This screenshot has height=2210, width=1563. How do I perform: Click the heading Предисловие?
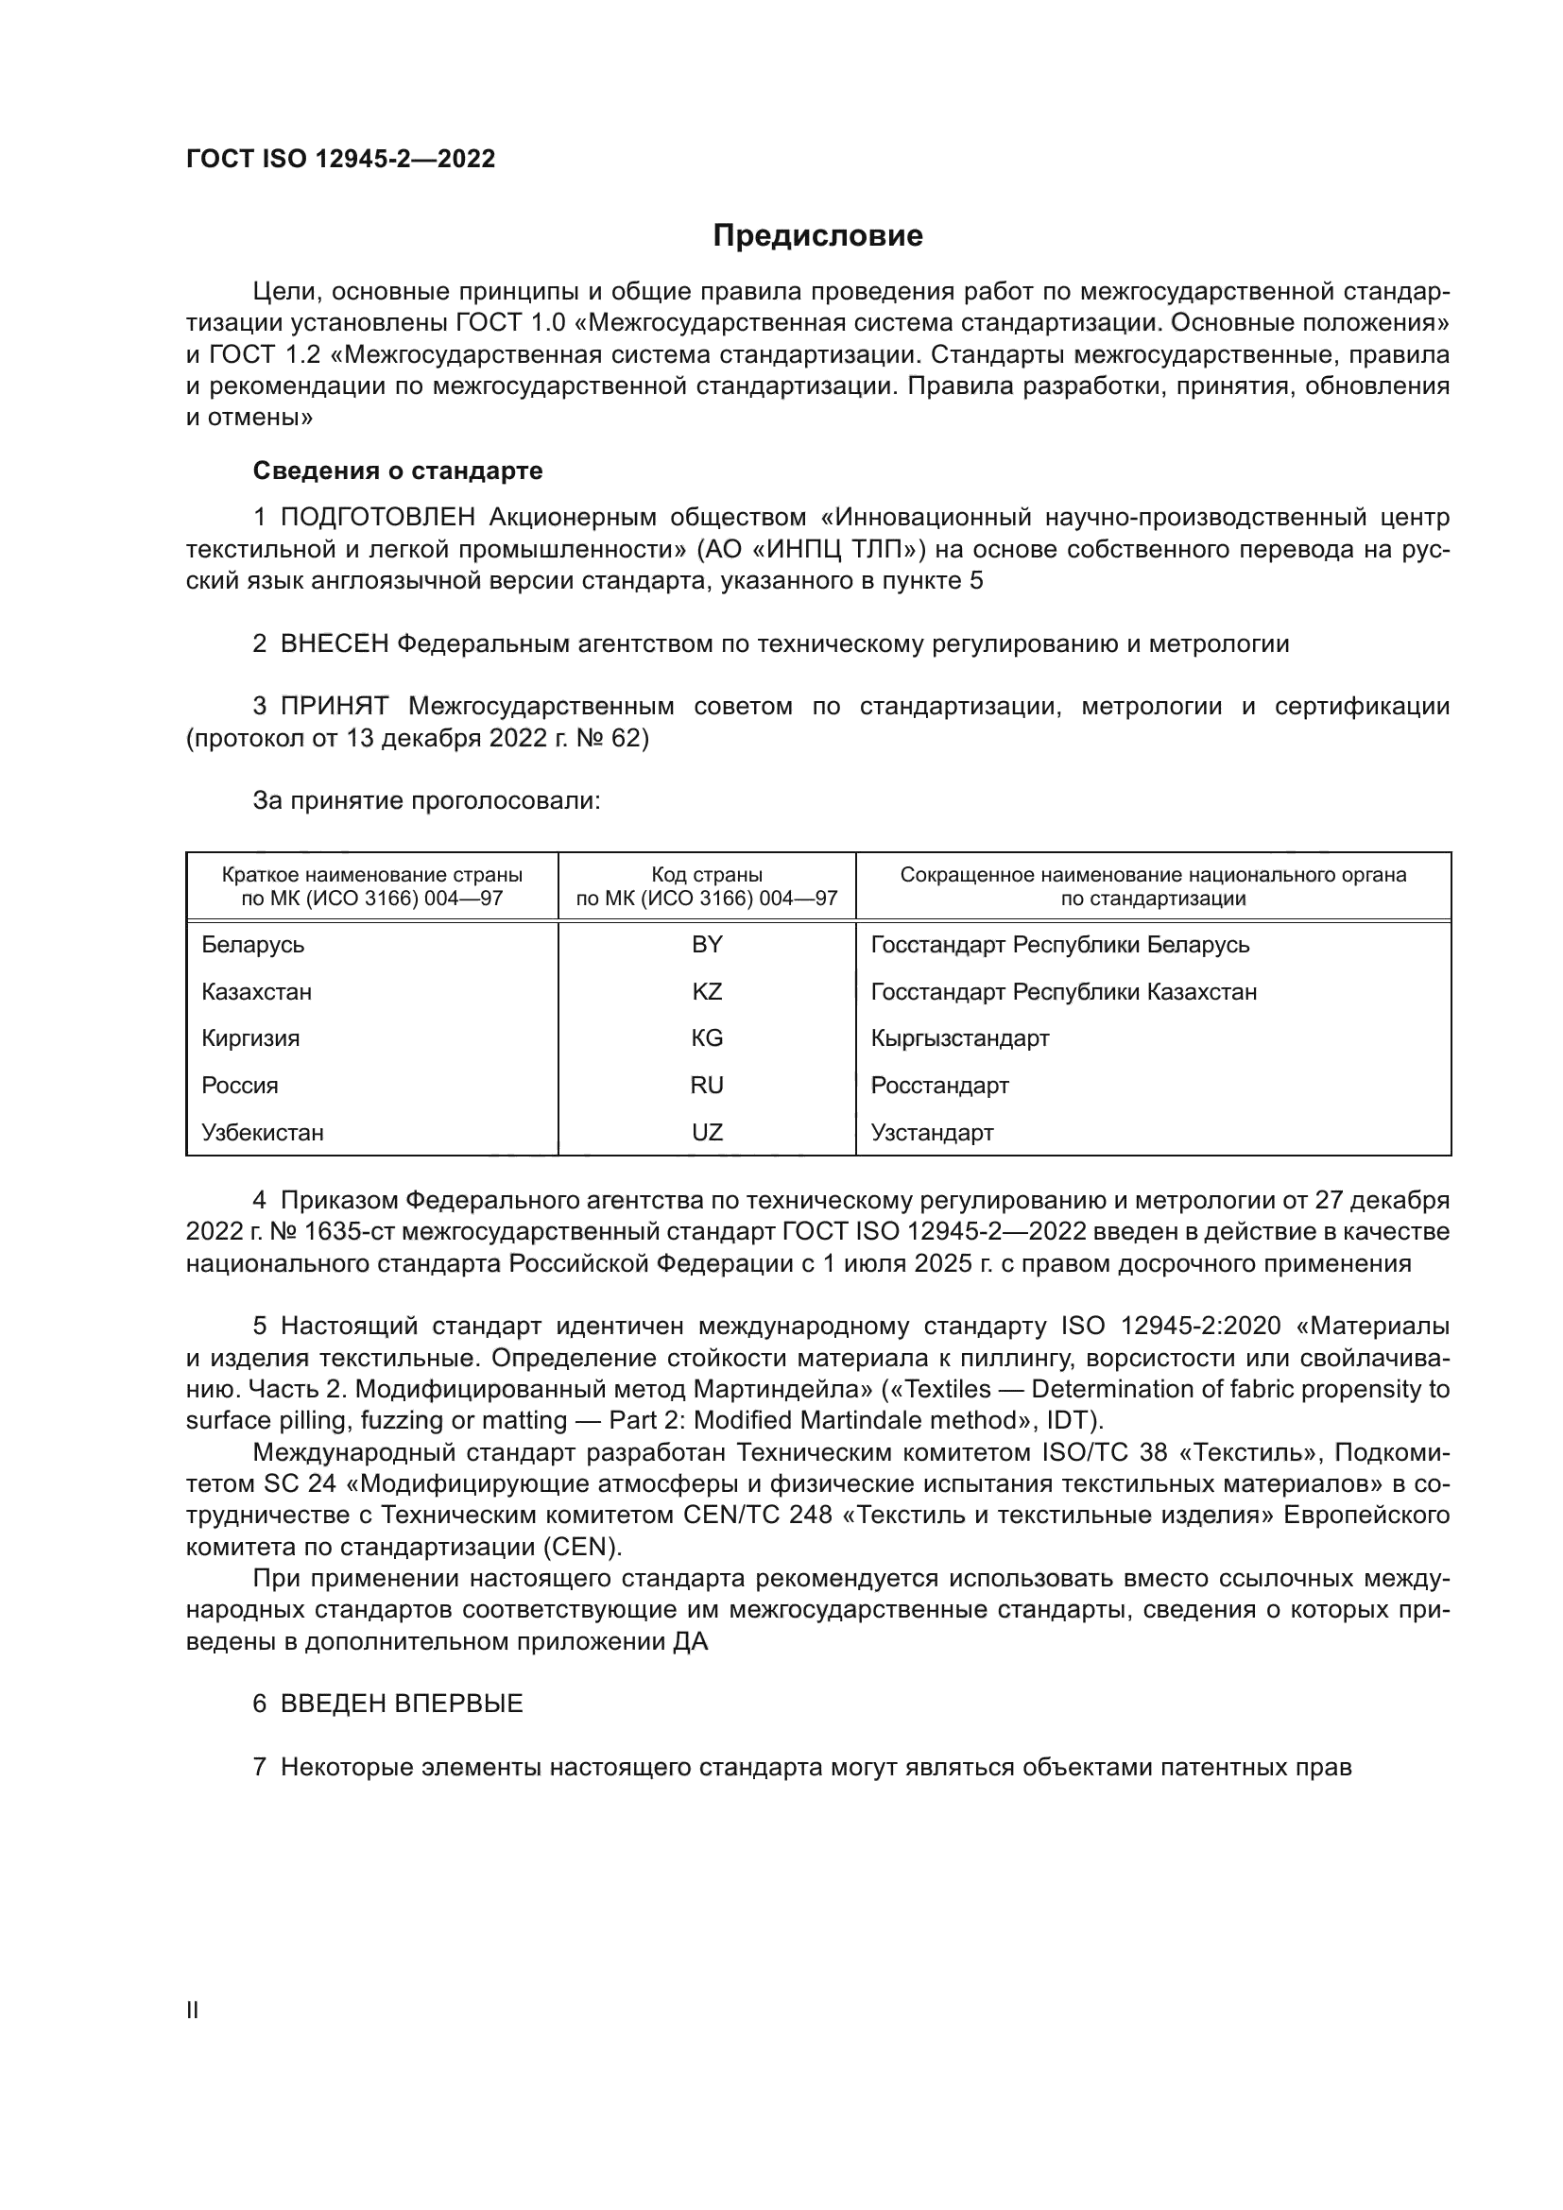(x=817, y=236)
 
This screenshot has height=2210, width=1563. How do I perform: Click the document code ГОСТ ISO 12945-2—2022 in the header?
(x=341, y=159)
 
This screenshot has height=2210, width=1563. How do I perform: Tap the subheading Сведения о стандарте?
(x=398, y=471)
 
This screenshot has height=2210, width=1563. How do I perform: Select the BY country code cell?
(x=707, y=945)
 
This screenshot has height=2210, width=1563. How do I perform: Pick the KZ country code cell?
(x=707, y=991)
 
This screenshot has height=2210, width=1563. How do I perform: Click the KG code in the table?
(x=707, y=1038)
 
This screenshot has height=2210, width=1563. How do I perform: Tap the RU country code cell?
(x=707, y=1086)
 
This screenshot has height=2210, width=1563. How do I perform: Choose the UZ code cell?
(x=707, y=1133)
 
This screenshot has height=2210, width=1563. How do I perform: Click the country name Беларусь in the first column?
(x=253, y=945)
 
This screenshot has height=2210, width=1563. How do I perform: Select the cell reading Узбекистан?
(x=263, y=1133)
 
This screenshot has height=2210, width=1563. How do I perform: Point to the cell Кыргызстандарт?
(x=959, y=1038)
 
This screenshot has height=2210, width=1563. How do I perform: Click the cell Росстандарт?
(x=939, y=1086)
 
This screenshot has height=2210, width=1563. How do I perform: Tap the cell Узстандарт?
(x=932, y=1133)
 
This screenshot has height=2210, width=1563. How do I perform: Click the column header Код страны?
(x=707, y=875)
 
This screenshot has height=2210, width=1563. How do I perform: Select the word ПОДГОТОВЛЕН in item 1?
(x=377, y=518)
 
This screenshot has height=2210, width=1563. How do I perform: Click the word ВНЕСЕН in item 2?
(x=334, y=644)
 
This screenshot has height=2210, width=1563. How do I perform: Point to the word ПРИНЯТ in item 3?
(x=334, y=707)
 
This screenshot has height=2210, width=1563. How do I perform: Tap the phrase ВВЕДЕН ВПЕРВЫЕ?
(x=402, y=1704)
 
